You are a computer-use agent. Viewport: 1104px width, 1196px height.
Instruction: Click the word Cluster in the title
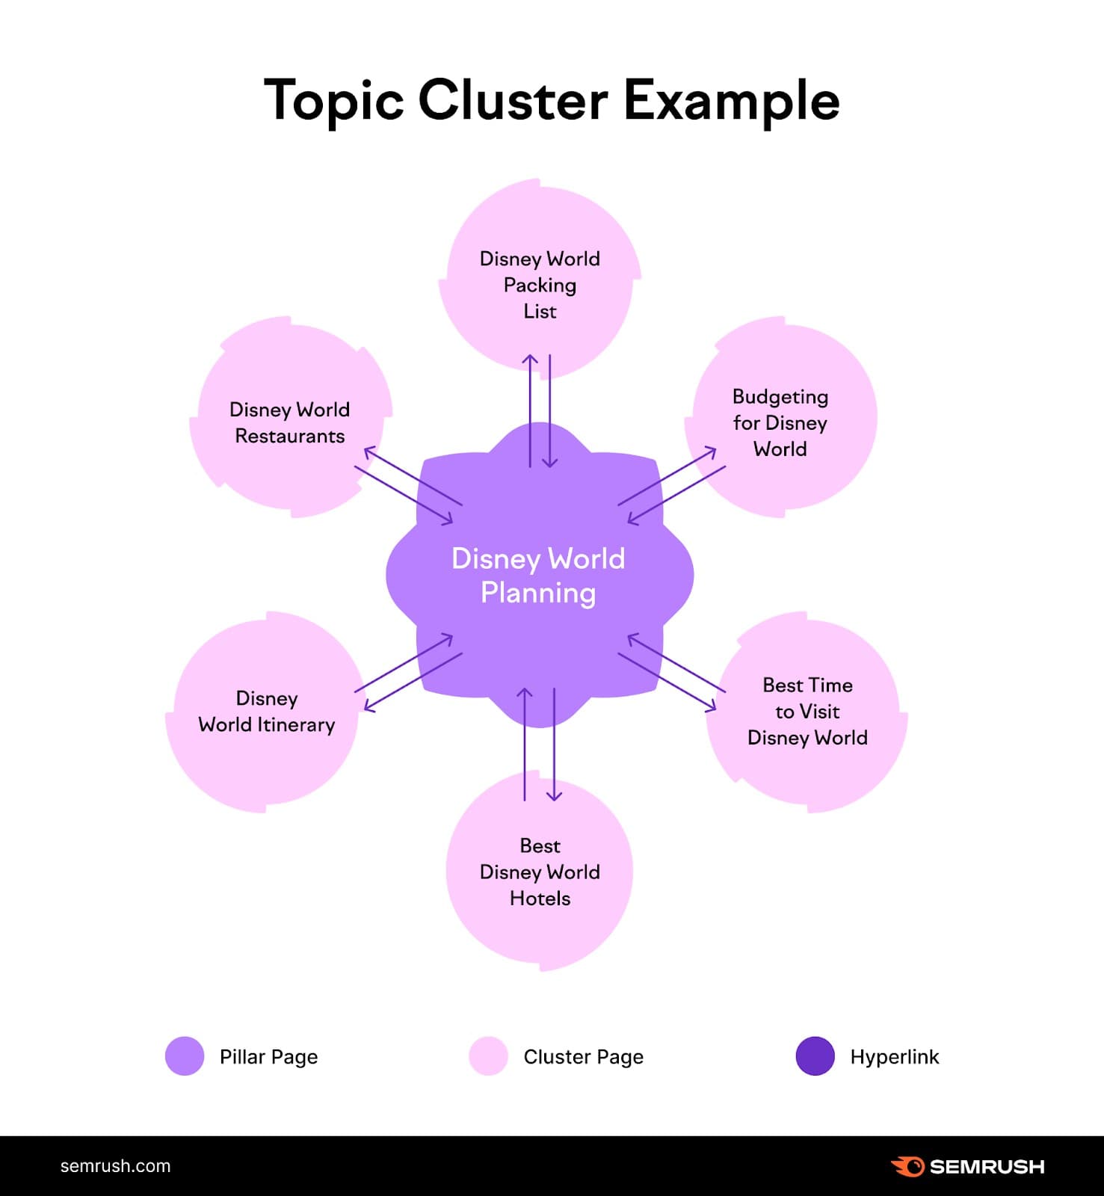(x=512, y=100)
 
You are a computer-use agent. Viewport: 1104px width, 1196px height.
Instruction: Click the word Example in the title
(x=731, y=102)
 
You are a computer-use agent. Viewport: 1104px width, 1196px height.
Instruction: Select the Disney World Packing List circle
(x=539, y=277)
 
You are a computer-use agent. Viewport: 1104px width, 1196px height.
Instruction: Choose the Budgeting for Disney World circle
(x=780, y=419)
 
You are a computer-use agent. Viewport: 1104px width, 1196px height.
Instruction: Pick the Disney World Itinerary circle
(x=266, y=712)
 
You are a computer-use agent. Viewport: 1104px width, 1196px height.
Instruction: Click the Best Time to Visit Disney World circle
(x=807, y=712)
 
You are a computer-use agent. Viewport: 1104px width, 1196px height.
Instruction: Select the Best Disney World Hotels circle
(x=539, y=871)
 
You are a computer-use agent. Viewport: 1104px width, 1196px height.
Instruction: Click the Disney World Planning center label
(x=538, y=576)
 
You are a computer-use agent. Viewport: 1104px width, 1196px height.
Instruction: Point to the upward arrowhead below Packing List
(x=530, y=360)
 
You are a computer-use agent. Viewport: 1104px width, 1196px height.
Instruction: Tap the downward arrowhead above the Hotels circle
(x=554, y=796)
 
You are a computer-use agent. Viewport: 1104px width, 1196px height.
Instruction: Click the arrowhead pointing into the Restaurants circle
(x=368, y=451)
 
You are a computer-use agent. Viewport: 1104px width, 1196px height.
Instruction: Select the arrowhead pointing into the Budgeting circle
(x=711, y=451)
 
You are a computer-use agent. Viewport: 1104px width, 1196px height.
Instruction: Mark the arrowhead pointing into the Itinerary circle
(x=368, y=706)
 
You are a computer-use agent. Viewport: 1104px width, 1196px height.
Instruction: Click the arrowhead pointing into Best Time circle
(x=711, y=706)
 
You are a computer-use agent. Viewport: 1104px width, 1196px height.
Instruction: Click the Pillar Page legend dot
(x=185, y=1056)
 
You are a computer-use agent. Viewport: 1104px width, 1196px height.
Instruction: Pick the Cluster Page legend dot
(x=488, y=1056)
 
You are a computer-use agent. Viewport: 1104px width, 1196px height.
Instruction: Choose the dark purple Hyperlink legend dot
(x=815, y=1056)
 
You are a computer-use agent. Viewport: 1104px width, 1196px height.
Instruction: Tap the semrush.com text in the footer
(x=115, y=1166)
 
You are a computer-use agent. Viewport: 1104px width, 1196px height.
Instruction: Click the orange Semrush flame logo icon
(x=907, y=1166)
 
